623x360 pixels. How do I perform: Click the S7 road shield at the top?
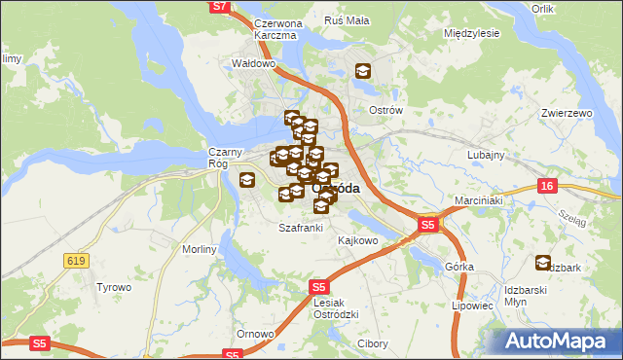pyautogui.click(x=220, y=7)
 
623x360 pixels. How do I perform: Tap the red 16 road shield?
pyautogui.click(x=548, y=185)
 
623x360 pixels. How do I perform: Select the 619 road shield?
pyautogui.click(x=75, y=260)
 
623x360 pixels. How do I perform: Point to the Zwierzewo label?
pyautogui.click(x=567, y=113)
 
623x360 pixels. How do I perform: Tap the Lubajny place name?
pyautogui.click(x=485, y=155)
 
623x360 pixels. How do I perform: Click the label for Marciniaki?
pyautogui.click(x=477, y=201)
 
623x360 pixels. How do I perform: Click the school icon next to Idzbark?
pyautogui.click(x=542, y=262)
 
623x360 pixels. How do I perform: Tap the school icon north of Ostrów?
pyautogui.click(x=362, y=71)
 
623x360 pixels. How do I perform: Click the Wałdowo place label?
pyautogui.click(x=253, y=64)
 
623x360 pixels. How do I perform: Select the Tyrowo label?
pyautogui.click(x=113, y=287)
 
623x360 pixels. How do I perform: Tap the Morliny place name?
pyautogui.click(x=200, y=249)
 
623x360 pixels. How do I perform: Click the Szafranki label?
pyautogui.click(x=300, y=228)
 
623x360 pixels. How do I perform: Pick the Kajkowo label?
pyautogui.click(x=357, y=239)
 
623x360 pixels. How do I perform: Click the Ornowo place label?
pyautogui.click(x=255, y=335)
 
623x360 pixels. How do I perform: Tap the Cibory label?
pyautogui.click(x=373, y=344)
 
